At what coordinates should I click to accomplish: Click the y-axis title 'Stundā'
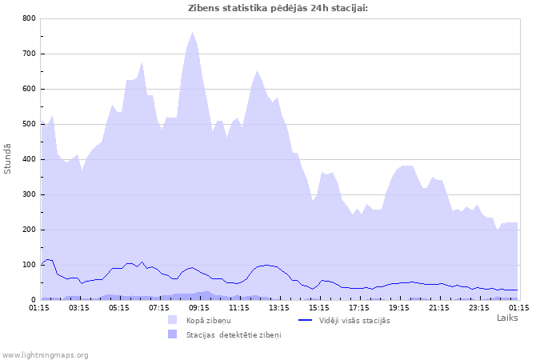(8, 158)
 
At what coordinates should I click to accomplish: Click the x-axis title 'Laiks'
(507, 318)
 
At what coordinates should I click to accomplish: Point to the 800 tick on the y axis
(29, 18)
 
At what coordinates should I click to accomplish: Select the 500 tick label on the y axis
(29, 124)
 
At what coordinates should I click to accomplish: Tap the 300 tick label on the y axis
(29, 194)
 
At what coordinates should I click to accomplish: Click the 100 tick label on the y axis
(29, 265)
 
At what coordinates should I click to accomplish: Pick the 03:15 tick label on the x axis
(79, 306)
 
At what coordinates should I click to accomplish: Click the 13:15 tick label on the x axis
(279, 306)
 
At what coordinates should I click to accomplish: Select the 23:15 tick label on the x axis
(479, 306)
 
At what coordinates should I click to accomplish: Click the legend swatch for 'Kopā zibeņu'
(172, 320)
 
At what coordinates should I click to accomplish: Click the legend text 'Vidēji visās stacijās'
(354, 320)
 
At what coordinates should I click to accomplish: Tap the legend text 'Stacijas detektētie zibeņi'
(234, 334)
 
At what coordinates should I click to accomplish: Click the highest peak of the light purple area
(193, 33)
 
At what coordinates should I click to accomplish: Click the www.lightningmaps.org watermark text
(45, 354)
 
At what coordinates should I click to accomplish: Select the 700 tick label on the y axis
(29, 54)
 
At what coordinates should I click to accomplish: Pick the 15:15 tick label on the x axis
(319, 306)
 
